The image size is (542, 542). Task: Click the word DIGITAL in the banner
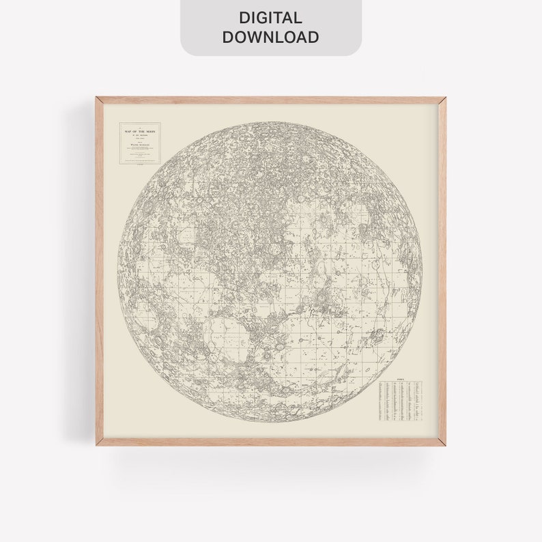click(270, 18)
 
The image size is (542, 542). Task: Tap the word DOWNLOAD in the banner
click(270, 37)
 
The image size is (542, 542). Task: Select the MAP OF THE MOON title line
click(139, 128)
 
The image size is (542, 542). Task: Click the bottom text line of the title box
click(139, 161)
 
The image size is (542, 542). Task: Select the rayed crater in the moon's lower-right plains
click(377, 337)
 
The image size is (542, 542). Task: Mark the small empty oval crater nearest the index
click(369, 369)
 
